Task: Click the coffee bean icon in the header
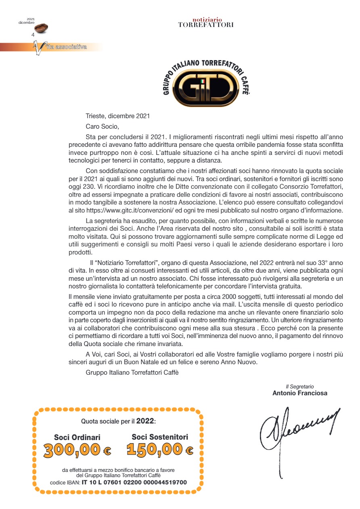point(41,28)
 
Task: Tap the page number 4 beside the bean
point(33,35)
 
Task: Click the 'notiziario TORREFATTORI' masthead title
point(206,23)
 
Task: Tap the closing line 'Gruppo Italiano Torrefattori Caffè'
point(132,372)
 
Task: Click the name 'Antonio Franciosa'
point(300,393)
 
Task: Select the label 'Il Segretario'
point(300,386)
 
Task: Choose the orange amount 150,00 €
point(160,449)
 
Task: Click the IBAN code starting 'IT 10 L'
point(134,482)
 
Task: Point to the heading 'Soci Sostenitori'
point(160,437)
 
